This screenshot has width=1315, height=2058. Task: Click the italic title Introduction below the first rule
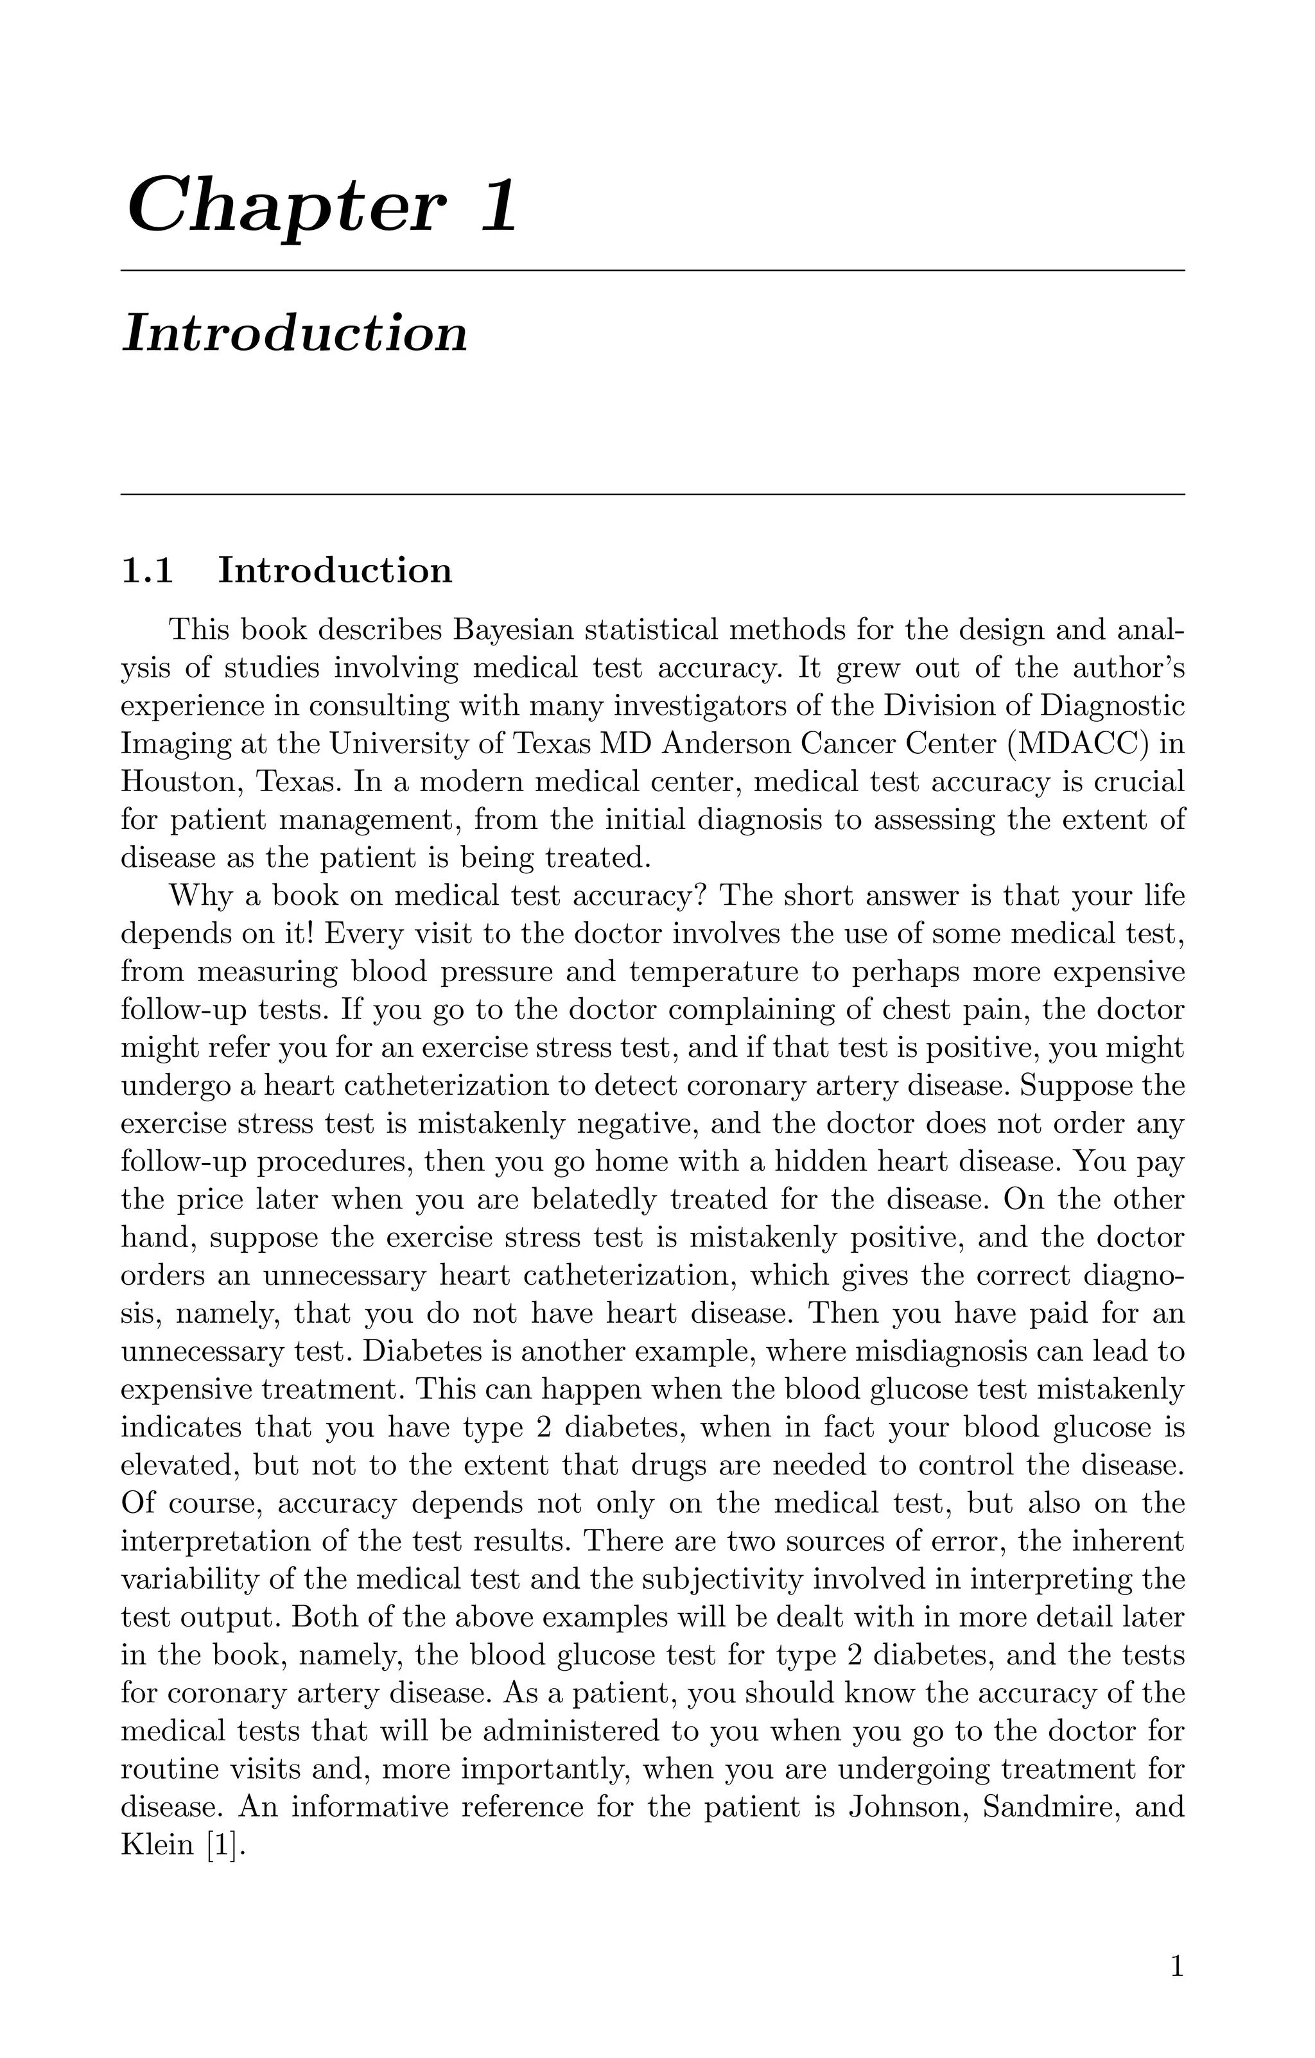(x=295, y=333)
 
